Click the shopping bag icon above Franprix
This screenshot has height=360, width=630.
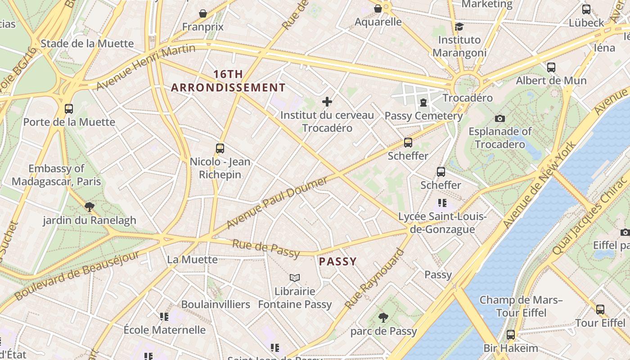[203, 13]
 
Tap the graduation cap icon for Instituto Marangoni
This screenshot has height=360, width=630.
[459, 27]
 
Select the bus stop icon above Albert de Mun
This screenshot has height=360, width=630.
[551, 67]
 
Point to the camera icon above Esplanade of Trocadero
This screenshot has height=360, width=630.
[499, 118]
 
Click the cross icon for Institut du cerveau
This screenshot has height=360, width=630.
[327, 102]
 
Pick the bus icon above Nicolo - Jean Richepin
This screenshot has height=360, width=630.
[220, 148]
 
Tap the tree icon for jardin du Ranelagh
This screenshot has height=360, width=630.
[89, 207]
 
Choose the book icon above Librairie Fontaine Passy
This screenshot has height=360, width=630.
[295, 278]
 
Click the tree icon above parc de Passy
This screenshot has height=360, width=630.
[383, 318]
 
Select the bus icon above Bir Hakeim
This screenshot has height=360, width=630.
[510, 335]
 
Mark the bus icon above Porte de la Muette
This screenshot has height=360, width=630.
[69, 108]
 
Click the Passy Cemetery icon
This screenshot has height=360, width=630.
[423, 103]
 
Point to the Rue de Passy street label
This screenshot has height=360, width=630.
[265, 249]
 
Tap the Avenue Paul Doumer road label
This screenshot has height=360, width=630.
[277, 202]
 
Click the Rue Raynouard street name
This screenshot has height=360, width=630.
[374, 279]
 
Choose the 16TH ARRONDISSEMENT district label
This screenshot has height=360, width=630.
[228, 81]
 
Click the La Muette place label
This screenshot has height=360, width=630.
[192, 260]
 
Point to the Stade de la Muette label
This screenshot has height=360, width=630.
[87, 44]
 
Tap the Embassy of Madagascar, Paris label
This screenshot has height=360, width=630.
[56, 175]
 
